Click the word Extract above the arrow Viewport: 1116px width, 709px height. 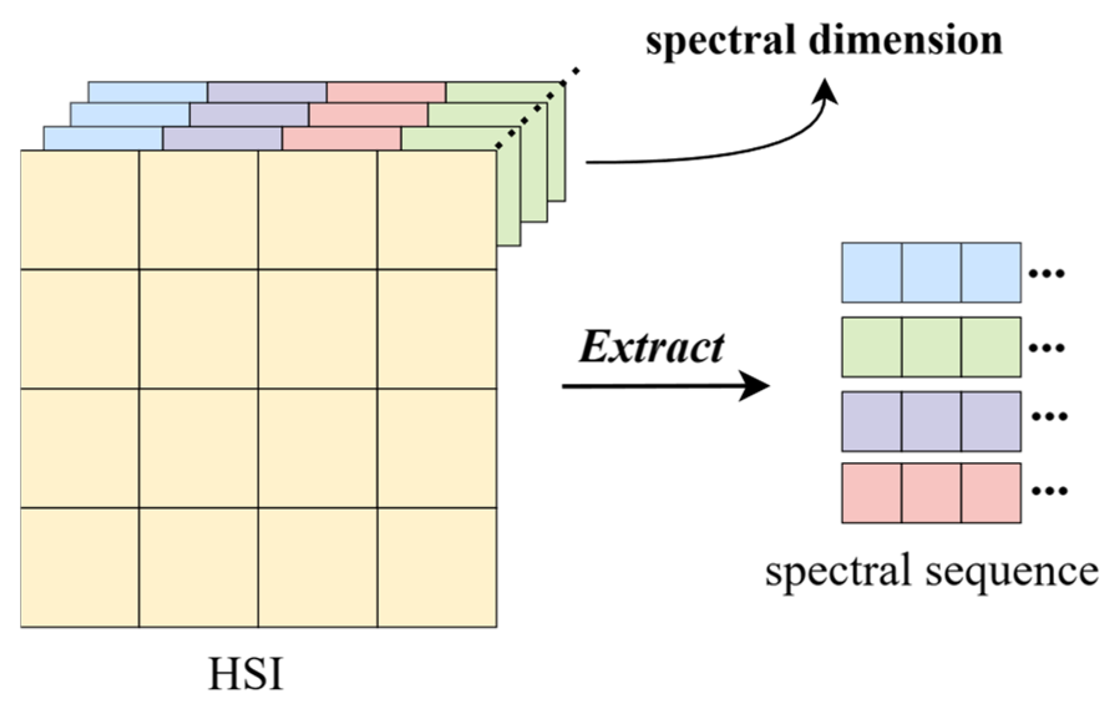coord(651,348)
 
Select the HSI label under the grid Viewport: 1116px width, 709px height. coord(245,674)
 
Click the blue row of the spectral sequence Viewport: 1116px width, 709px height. coord(931,273)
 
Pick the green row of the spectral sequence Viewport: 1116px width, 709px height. coord(931,347)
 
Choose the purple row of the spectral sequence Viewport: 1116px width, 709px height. coord(931,421)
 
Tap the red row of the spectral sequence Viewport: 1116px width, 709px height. coord(931,493)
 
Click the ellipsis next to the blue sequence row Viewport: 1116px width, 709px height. coord(1047,273)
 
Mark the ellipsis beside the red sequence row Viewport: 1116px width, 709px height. coord(1049,491)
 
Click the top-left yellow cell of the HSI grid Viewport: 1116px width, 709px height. coord(80,210)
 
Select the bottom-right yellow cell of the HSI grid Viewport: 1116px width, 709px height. coord(437,568)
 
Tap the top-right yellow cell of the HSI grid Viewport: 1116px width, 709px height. coord(437,210)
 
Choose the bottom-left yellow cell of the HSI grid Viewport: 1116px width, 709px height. coord(80,568)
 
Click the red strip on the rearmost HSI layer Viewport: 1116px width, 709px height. coord(386,92)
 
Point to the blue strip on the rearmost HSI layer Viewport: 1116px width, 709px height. coord(148,92)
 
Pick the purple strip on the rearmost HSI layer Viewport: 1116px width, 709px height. coord(267,92)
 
